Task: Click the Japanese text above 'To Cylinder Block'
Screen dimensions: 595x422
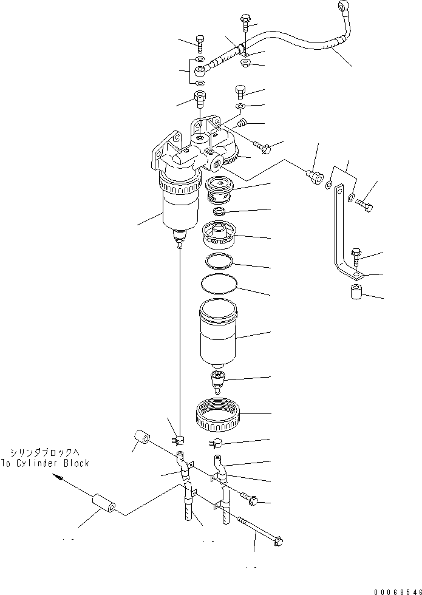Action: (48, 452)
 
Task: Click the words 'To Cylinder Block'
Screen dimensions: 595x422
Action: (49, 463)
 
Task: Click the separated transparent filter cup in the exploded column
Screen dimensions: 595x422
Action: (220, 334)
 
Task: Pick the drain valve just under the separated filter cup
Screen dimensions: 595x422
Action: (217, 381)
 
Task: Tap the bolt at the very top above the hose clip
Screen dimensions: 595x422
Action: (245, 22)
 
